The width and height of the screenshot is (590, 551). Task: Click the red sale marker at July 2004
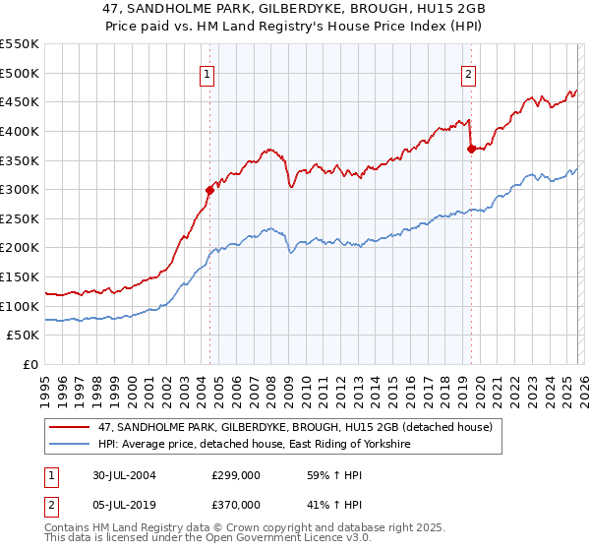point(209,190)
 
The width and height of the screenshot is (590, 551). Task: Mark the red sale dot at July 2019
point(471,149)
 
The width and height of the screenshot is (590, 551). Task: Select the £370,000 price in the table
point(236,505)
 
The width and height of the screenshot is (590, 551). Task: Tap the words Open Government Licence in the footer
point(264,541)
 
